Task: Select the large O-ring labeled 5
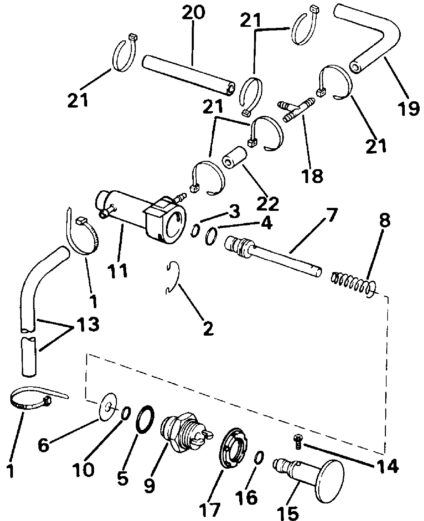pos(145,419)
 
